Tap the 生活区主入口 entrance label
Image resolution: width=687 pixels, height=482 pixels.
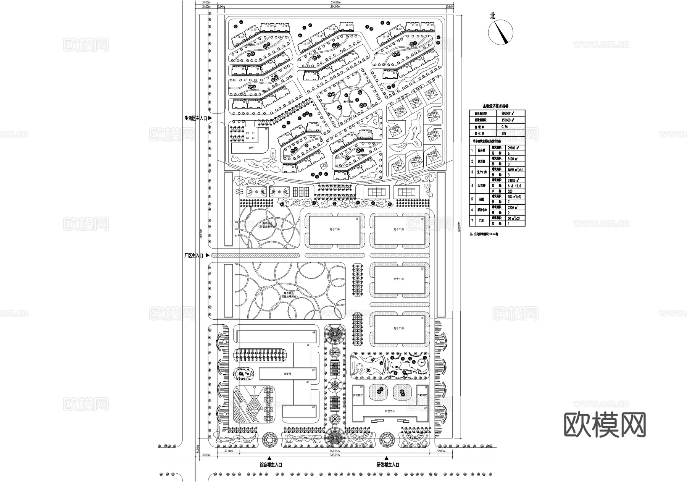tap(195, 119)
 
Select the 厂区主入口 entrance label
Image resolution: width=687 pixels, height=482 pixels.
tap(194, 255)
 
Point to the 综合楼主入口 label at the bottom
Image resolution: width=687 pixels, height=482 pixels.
tap(271, 465)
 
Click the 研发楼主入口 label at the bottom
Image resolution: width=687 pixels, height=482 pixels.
tap(388, 465)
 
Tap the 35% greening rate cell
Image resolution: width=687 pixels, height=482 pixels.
tap(504, 134)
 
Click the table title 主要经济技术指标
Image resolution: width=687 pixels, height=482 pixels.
tap(495, 106)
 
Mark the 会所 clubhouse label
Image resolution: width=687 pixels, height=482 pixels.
tap(251, 147)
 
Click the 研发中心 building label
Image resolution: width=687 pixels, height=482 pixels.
tap(390, 411)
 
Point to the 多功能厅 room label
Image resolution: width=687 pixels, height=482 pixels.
tap(358, 396)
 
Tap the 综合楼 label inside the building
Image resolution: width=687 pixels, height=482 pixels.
tap(287, 374)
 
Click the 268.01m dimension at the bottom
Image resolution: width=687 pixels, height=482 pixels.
tap(334, 451)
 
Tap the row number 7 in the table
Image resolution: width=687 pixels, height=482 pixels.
tap(472, 221)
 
